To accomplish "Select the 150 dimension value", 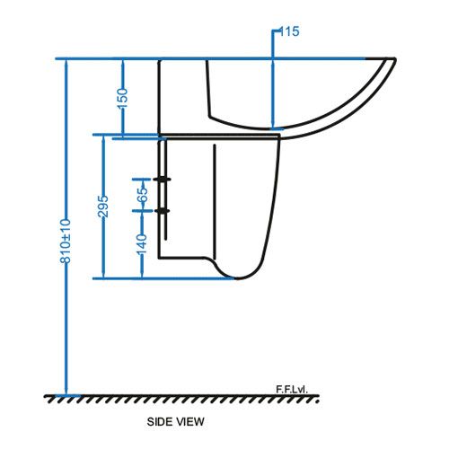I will (x=122, y=95).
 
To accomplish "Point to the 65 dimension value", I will (x=142, y=194).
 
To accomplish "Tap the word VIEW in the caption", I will (x=189, y=420).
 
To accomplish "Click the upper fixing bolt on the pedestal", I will (x=163, y=180).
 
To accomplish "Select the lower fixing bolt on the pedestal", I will (x=163, y=211).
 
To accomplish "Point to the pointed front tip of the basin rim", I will (x=393, y=60).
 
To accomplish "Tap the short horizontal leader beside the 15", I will (x=276, y=31).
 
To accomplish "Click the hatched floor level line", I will (x=180, y=396).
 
